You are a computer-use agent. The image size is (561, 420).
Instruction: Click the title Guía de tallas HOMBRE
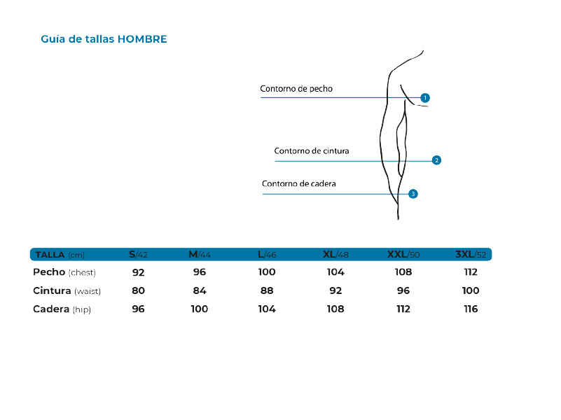click(x=104, y=39)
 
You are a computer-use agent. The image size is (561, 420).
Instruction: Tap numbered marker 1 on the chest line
click(x=425, y=97)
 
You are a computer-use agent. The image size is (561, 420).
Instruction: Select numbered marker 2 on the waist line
click(x=436, y=160)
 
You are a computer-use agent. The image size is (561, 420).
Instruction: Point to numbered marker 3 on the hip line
click(x=413, y=194)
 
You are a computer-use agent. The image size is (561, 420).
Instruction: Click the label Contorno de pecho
click(x=296, y=89)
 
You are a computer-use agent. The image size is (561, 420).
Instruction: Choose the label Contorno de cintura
click(x=312, y=150)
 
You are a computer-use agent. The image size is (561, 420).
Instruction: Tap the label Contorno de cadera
click(x=299, y=183)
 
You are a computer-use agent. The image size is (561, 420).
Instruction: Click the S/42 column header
click(x=138, y=255)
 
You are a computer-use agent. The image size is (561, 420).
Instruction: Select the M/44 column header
click(x=200, y=255)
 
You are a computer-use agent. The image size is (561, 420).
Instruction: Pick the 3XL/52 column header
click(x=471, y=255)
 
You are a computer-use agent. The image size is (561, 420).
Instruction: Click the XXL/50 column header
click(x=403, y=255)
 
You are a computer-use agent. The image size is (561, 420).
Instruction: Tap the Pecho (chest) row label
click(x=64, y=272)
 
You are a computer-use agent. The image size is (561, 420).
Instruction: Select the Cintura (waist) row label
click(x=67, y=291)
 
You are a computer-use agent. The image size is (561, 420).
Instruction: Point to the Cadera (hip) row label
click(x=62, y=309)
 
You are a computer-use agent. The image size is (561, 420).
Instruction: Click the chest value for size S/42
click(x=139, y=272)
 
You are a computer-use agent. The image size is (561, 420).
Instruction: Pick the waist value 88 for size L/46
click(x=267, y=290)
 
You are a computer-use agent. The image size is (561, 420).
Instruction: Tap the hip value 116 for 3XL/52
click(x=471, y=309)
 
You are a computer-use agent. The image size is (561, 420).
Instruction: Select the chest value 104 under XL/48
click(x=335, y=272)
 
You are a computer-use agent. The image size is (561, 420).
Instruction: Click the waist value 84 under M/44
click(x=200, y=290)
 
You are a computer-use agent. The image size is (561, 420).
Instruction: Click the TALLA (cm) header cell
click(x=60, y=255)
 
